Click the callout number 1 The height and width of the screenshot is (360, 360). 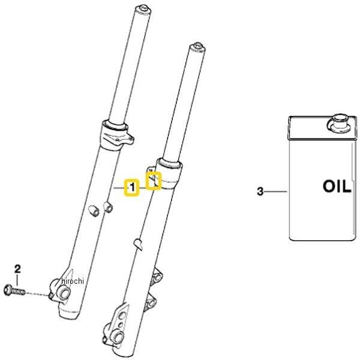click(132, 188)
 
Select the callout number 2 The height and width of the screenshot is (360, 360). click(17, 269)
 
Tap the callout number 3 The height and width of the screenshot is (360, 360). click(260, 191)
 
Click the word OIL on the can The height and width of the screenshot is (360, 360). click(337, 186)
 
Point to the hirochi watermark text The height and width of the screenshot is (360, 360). click(73, 281)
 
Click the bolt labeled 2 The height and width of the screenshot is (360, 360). click(14, 290)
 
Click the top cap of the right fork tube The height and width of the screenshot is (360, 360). click(197, 47)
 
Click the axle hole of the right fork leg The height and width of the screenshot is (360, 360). click(118, 338)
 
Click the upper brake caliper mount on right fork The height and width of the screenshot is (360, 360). click(157, 277)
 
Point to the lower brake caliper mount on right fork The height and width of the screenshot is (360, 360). click(151, 302)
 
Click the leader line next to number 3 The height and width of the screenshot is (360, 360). click(276, 191)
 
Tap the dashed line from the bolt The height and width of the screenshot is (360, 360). click(37, 294)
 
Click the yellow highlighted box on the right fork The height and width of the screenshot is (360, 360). click(154, 181)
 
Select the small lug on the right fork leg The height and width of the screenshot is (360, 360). click(138, 244)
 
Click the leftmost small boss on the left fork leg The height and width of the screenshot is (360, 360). click(94, 211)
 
